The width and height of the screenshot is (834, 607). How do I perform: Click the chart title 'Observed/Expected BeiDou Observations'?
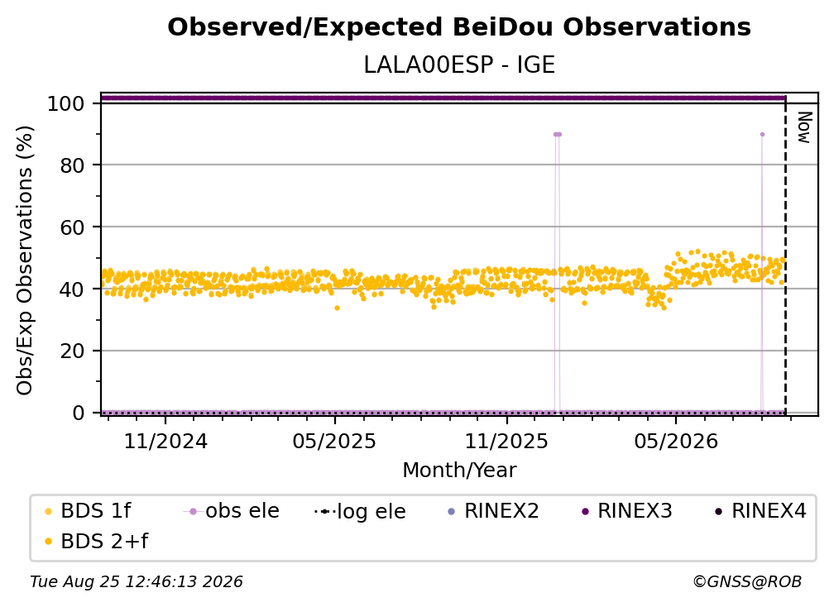point(459,27)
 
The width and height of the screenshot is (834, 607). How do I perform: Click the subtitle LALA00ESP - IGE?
point(459,65)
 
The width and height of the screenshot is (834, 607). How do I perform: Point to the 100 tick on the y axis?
point(66,103)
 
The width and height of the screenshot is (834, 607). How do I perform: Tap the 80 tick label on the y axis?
point(72,165)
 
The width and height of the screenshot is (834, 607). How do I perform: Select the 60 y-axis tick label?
point(72,227)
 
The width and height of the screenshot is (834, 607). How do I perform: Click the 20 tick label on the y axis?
point(72,351)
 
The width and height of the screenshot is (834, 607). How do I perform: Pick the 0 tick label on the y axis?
point(79,413)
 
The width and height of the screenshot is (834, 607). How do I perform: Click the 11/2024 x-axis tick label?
point(165,441)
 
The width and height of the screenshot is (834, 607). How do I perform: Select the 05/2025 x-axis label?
point(334,441)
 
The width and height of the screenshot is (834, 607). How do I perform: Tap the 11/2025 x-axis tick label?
point(506,441)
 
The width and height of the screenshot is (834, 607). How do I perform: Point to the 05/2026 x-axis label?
point(676,441)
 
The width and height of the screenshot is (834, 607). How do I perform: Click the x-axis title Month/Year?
point(459,471)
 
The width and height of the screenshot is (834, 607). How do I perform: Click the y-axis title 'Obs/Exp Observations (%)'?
point(25,260)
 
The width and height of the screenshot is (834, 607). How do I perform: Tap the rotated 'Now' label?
point(804,127)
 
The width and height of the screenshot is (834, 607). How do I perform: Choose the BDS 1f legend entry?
point(87,511)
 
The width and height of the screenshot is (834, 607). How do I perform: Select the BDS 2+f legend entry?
point(96,541)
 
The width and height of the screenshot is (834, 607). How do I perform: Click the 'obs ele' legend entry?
point(231,511)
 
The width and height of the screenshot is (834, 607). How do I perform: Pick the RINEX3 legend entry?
point(626,511)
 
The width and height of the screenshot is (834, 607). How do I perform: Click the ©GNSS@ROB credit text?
point(747,581)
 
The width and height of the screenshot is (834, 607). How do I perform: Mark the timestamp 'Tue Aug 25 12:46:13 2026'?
point(137,581)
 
